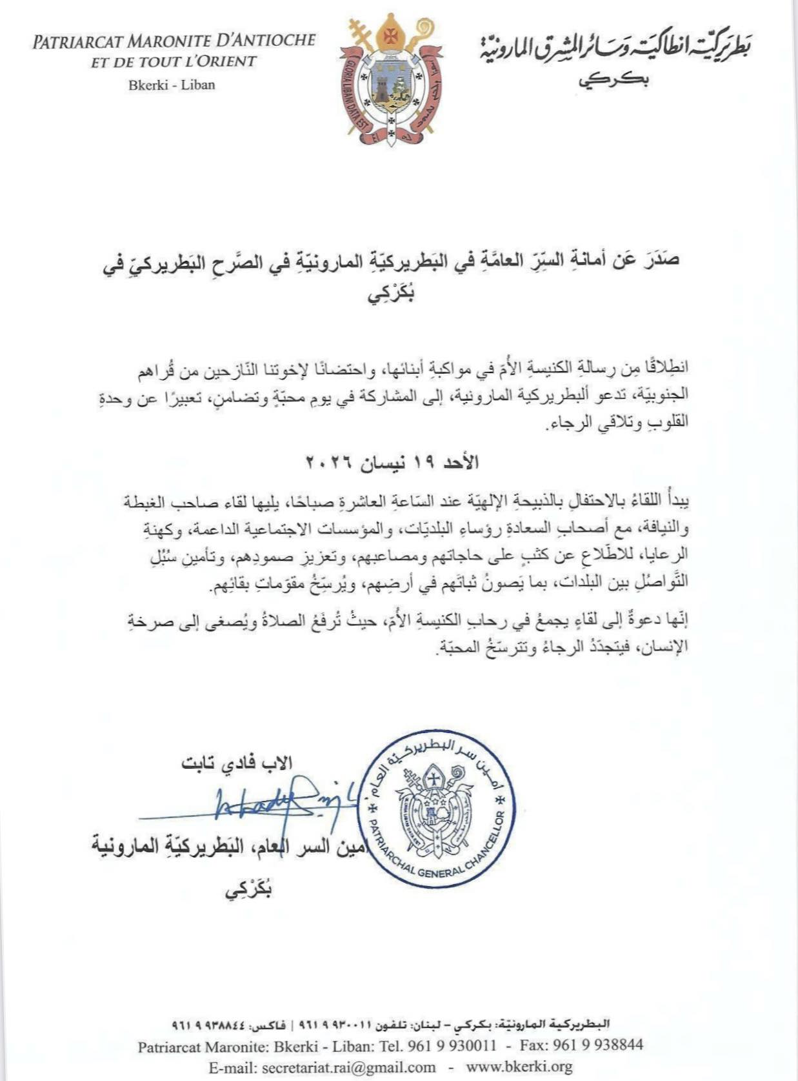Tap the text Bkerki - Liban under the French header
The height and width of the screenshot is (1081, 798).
pyautogui.click(x=172, y=85)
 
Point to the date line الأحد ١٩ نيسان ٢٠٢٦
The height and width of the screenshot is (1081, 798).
pyautogui.click(x=392, y=462)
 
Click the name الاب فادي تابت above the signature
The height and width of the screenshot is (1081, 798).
pyautogui.click(x=237, y=762)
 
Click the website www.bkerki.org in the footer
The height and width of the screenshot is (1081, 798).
pyautogui.click(x=519, y=1067)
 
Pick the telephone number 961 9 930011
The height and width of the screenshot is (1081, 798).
pyautogui.click(x=452, y=1046)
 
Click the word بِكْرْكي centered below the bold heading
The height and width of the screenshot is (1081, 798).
pyautogui.click(x=391, y=296)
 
